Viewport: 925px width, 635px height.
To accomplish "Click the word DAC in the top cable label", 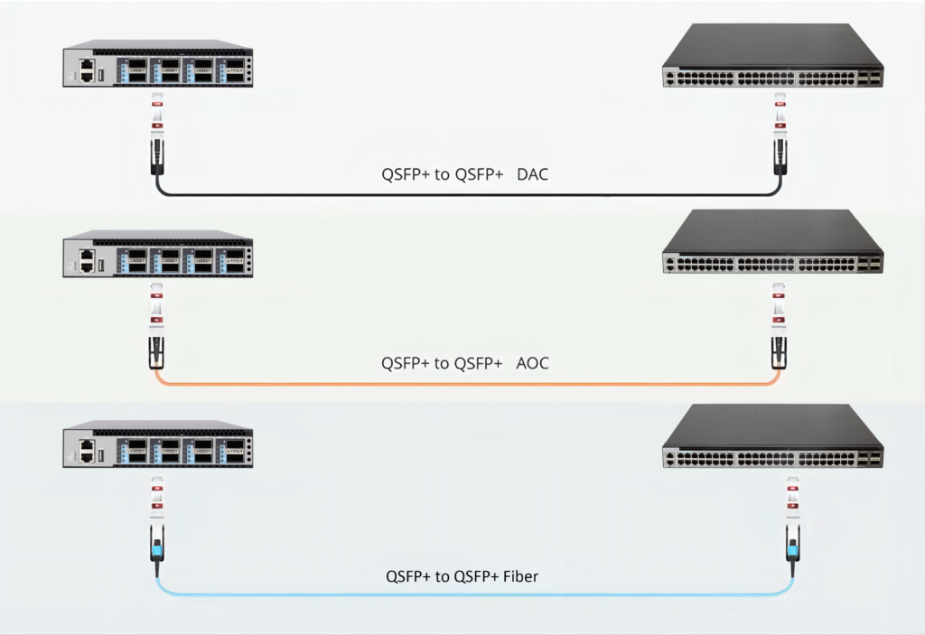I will coord(532,174).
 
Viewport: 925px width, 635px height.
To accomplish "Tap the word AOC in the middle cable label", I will coord(532,363).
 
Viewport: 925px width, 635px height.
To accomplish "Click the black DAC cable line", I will coord(452,194).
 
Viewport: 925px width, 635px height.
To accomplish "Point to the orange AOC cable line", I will coord(452,384).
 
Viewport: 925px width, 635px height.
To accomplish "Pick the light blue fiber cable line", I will coord(452,594).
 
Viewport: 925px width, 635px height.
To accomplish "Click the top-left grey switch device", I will coord(158,64).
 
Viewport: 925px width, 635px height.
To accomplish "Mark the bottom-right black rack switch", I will coord(772,437).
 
